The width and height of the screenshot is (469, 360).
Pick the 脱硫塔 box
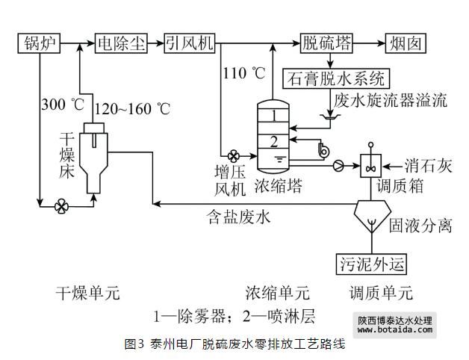click(327, 43)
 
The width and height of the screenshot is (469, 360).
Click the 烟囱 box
click(405, 43)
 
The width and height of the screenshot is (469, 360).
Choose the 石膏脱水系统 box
click(337, 77)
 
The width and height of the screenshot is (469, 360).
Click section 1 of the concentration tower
click(275, 116)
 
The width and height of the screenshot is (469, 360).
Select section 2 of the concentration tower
click(275, 140)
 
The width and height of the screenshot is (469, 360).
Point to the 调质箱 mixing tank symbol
click(370, 164)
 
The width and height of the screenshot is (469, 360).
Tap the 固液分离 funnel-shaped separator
click(371, 215)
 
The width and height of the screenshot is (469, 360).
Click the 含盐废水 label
click(238, 219)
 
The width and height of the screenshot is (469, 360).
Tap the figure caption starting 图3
click(234, 346)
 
